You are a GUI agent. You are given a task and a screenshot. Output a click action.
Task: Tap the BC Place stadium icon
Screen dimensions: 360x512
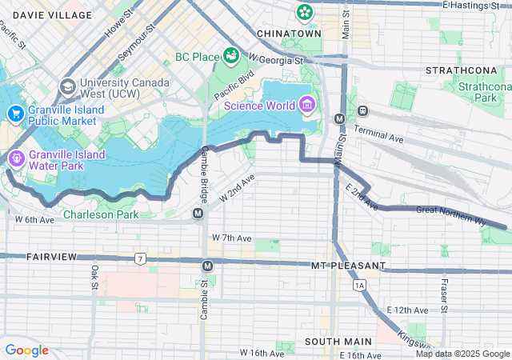(232, 55)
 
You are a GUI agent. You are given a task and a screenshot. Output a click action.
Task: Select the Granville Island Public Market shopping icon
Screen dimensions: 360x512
(15, 114)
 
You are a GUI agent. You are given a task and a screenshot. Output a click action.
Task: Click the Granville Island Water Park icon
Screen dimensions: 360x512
(15, 157)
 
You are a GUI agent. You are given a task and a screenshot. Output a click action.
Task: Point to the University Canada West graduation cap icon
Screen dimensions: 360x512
(68, 85)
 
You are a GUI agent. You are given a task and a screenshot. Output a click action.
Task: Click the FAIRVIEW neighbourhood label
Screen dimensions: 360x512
(50, 257)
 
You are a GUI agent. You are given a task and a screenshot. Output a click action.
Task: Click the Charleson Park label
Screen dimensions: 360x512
(100, 214)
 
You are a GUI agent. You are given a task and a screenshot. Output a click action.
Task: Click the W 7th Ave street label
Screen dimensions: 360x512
(232, 238)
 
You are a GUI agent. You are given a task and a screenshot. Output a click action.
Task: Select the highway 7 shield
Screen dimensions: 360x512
(140, 258)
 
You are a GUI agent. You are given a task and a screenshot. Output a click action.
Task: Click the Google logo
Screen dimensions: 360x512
(26, 350)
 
